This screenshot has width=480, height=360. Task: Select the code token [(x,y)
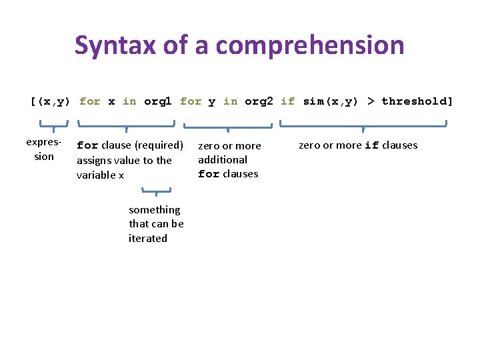50,101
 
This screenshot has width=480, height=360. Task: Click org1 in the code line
157,101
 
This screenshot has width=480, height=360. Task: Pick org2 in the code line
259,101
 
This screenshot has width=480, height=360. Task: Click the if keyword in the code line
287,101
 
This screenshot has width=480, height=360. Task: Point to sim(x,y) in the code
330,101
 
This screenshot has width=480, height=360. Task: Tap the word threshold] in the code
417,101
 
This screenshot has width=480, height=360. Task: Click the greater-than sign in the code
370,101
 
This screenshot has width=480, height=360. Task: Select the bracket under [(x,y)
54,124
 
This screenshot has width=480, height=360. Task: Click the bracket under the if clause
363,124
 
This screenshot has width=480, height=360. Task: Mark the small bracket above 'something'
156,192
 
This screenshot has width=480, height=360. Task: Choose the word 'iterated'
148,238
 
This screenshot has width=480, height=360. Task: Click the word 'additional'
223,159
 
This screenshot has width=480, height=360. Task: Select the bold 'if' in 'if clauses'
372,145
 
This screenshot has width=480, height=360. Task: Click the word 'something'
154,209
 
